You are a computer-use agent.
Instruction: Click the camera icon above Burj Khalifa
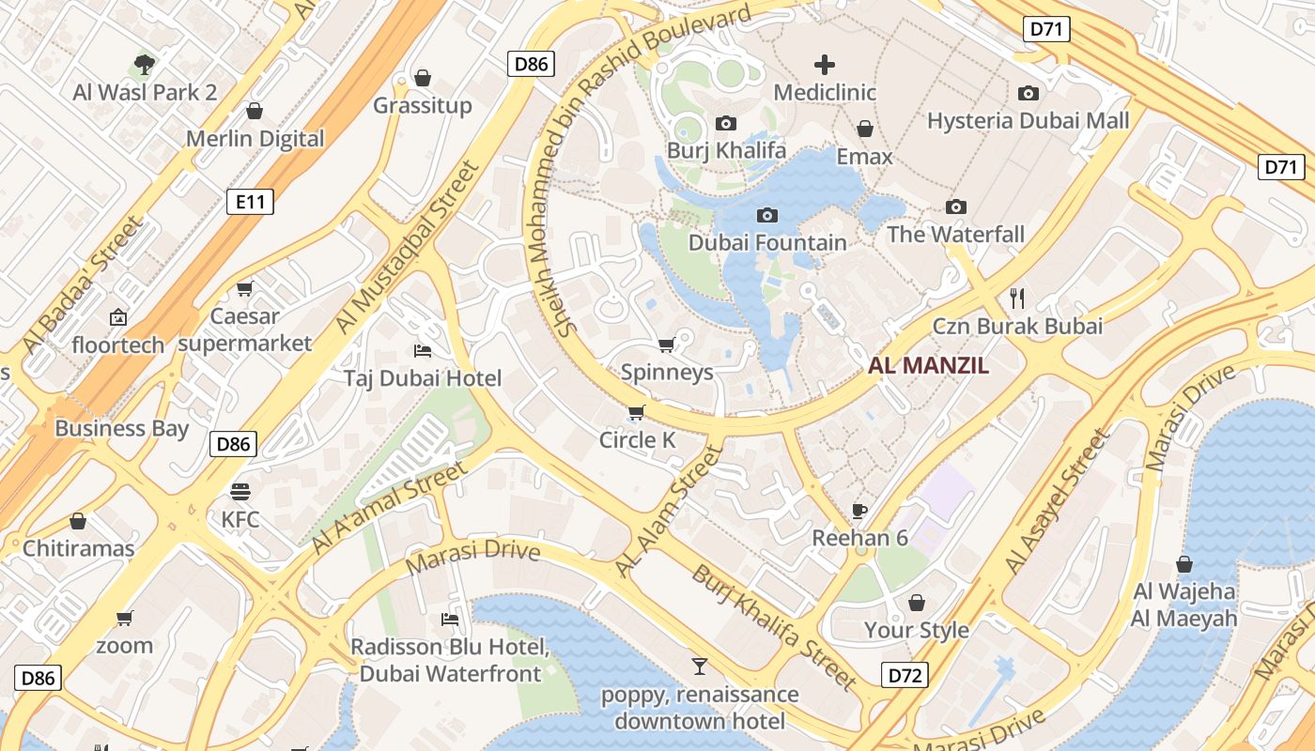[x=725, y=123]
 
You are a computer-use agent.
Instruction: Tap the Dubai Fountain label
[x=767, y=242]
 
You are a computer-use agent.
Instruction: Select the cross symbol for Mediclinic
[x=825, y=65]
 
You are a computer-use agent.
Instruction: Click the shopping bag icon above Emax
[x=864, y=129]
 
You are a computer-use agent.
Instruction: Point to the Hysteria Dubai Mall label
[x=1028, y=121]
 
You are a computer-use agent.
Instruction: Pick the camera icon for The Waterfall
[x=956, y=207]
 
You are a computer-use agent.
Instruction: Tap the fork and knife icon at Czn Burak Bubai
[x=1016, y=299]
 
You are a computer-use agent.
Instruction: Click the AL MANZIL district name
[x=928, y=366]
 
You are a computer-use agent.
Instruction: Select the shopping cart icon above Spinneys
[x=667, y=345]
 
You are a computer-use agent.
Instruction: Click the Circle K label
[x=638, y=440]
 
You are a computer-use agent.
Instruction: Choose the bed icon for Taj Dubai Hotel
[x=423, y=351]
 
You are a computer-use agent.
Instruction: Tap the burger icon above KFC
[x=240, y=491]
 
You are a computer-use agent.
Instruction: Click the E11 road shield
[x=250, y=201]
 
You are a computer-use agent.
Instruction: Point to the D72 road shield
[x=905, y=675]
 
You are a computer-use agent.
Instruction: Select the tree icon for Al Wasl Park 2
[x=145, y=65]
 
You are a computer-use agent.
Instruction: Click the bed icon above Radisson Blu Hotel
[x=451, y=620]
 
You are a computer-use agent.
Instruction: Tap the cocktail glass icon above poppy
[x=700, y=667]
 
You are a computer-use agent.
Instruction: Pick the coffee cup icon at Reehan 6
[x=859, y=511]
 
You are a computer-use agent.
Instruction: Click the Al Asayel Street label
[x=1057, y=502]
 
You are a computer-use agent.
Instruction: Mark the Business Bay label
[x=122, y=429]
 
